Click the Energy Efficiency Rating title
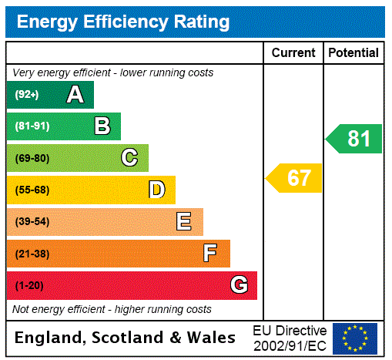coord(123,22)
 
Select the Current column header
coord(293,53)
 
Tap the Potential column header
coord(353,53)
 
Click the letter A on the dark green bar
coord(75,95)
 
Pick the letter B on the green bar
coord(102,126)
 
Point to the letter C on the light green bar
coord(129,158)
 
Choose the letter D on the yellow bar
coord(156,190)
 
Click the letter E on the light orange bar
coord(184,222)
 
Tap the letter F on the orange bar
coord(210,254)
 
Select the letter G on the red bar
coord(239,285)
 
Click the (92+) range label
coord(27,95)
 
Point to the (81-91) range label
coord(32,126)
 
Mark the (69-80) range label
coord(32,158)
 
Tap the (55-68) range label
coord(32,190)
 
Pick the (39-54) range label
coord(32,222)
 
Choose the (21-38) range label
coord(32,254)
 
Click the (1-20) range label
coord(29,285)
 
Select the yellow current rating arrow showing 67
coord(295,178)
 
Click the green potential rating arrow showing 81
coord(355,139)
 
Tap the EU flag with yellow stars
coord(355,338)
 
